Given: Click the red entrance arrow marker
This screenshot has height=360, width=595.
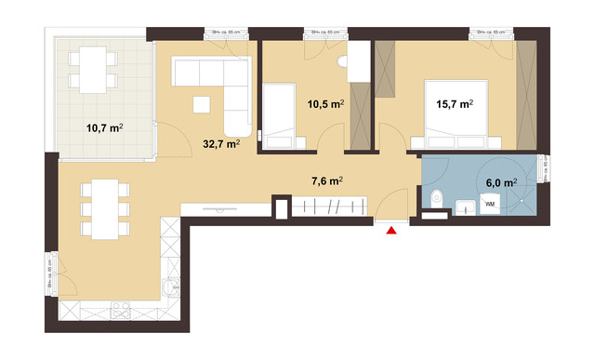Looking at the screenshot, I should (x=392, y=229).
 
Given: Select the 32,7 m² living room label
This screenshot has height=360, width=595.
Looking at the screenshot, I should (x=221, y=144).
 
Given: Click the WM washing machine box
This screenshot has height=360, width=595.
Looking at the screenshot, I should (x=489, y=203).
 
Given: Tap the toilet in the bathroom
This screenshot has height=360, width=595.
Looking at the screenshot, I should (x=436, y=197).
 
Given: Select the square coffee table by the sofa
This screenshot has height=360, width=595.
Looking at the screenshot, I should (x=202, y=102).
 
